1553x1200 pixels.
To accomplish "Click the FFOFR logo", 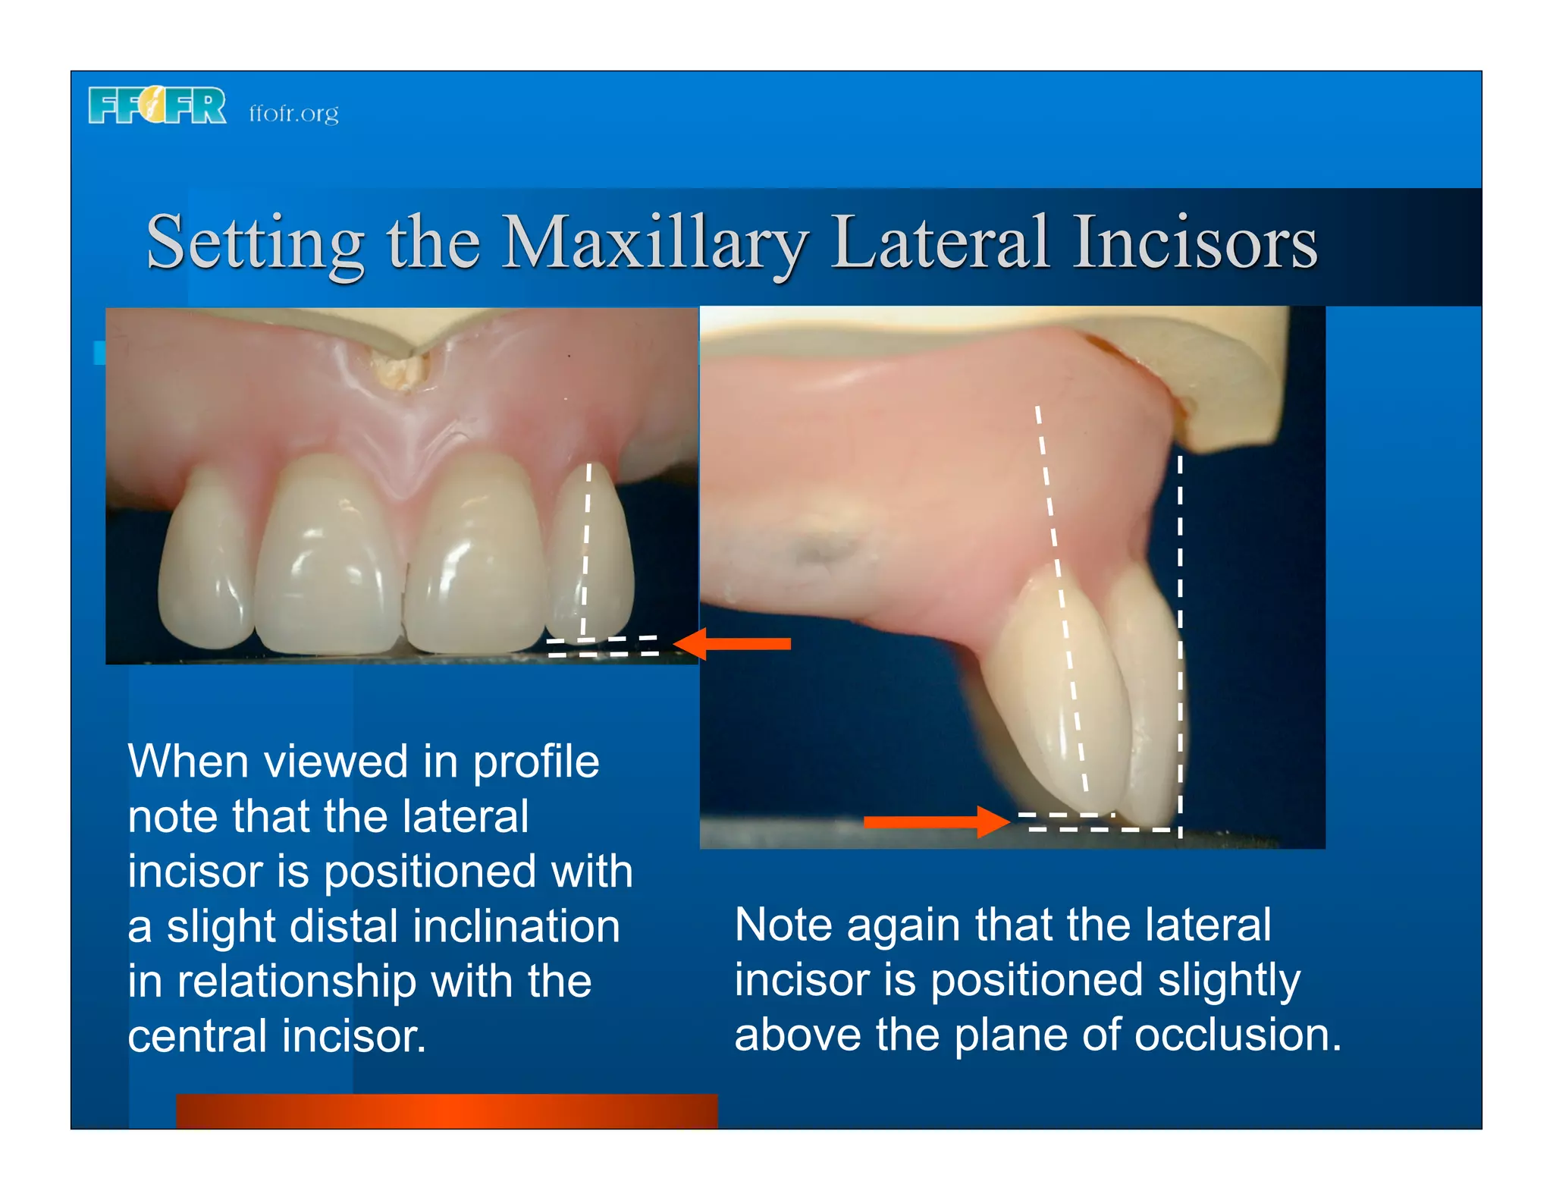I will pyautogui.click(x=157, y=105).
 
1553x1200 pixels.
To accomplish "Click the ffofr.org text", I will pyautogui.click(x=293, y=113).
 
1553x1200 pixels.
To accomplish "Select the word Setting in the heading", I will pyautogui.click(x=255, y=244).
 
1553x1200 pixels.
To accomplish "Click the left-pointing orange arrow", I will pyautogui.click(x=733, y=644).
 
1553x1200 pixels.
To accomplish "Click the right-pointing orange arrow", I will pyautogui.click(x=937, y=821).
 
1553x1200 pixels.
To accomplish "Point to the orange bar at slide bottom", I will pyautogui.click(x=447, y=1110).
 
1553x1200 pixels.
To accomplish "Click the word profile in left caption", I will pyautogui.click(x=535, y=762).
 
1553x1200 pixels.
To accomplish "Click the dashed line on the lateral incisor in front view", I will pyautogui.click(x=586, y=546).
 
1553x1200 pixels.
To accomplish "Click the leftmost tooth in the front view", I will pyautogui.click(x=205, y=561).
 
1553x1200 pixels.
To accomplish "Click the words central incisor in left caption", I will pyautogui.click(x=277, y=1037).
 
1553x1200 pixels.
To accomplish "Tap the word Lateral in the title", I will pyautogui.click(x=940, y=243).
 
